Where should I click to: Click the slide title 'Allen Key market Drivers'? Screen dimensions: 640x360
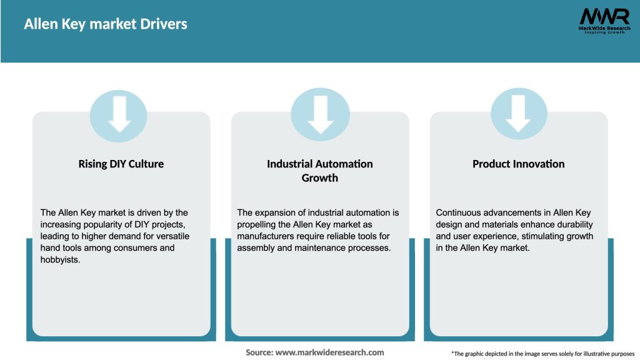click(106, 24)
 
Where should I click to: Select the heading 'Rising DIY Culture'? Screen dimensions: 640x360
click(121, 164)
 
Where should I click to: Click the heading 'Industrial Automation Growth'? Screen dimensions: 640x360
click(320, 171)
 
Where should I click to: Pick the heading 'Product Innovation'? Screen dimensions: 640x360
click(518, 164)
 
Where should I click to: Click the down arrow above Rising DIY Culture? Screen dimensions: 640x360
click(119, 114)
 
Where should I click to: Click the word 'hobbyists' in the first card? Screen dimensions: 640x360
click(60, 259)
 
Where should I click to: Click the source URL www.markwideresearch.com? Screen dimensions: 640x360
click(329, 352)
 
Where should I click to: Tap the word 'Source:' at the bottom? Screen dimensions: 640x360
click(259, 352)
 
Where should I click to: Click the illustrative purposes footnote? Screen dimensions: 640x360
click(542, 354)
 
